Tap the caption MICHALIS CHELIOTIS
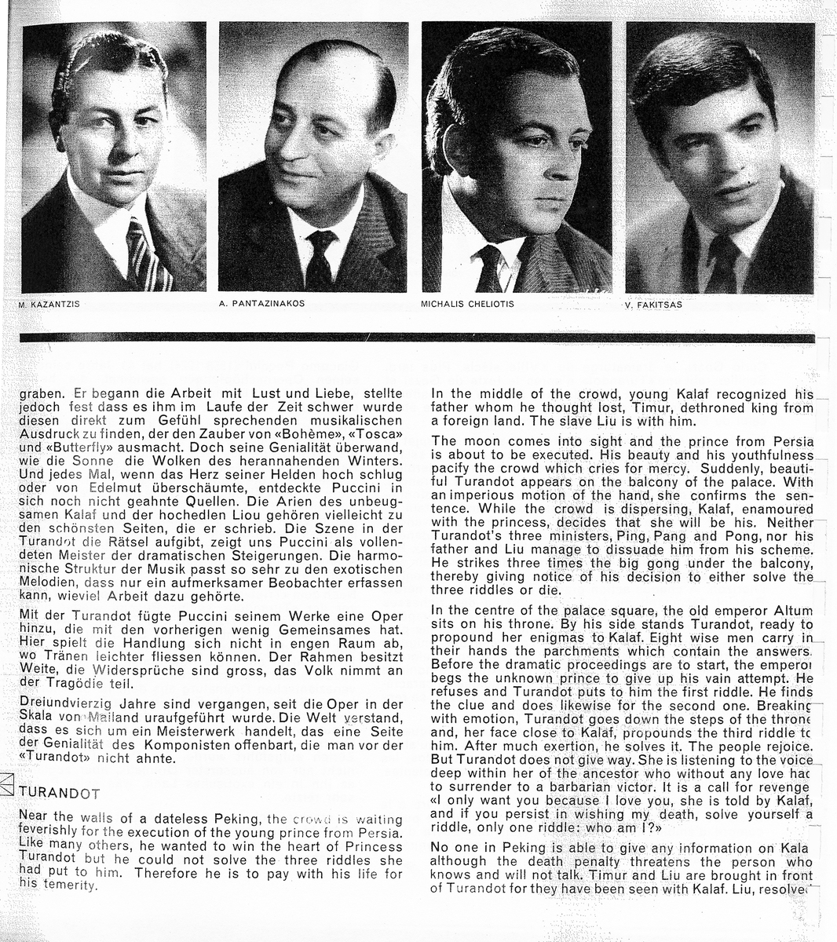[x=467, y=304]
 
